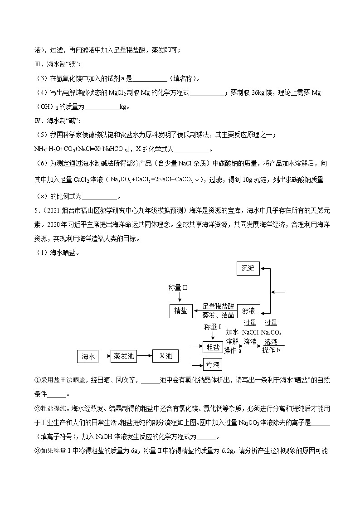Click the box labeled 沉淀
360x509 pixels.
pos(248,268)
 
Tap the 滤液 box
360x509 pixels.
pos(248,310)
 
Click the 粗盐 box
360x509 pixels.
pos(213,348)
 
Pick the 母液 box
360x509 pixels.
pos(213,364)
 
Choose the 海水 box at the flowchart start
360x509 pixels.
pos(88,356)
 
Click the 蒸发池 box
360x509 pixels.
pos(124,356)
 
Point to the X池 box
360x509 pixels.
pos(165,356)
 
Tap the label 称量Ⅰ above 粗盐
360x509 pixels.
pos(213,327)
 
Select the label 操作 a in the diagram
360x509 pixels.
pos(233,350)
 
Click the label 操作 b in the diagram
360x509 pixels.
pos(271,350)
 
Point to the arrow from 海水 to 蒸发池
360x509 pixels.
pos(104,356)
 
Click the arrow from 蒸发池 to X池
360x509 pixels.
pos(145,356)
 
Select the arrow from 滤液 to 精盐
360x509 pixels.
pos(215,310)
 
